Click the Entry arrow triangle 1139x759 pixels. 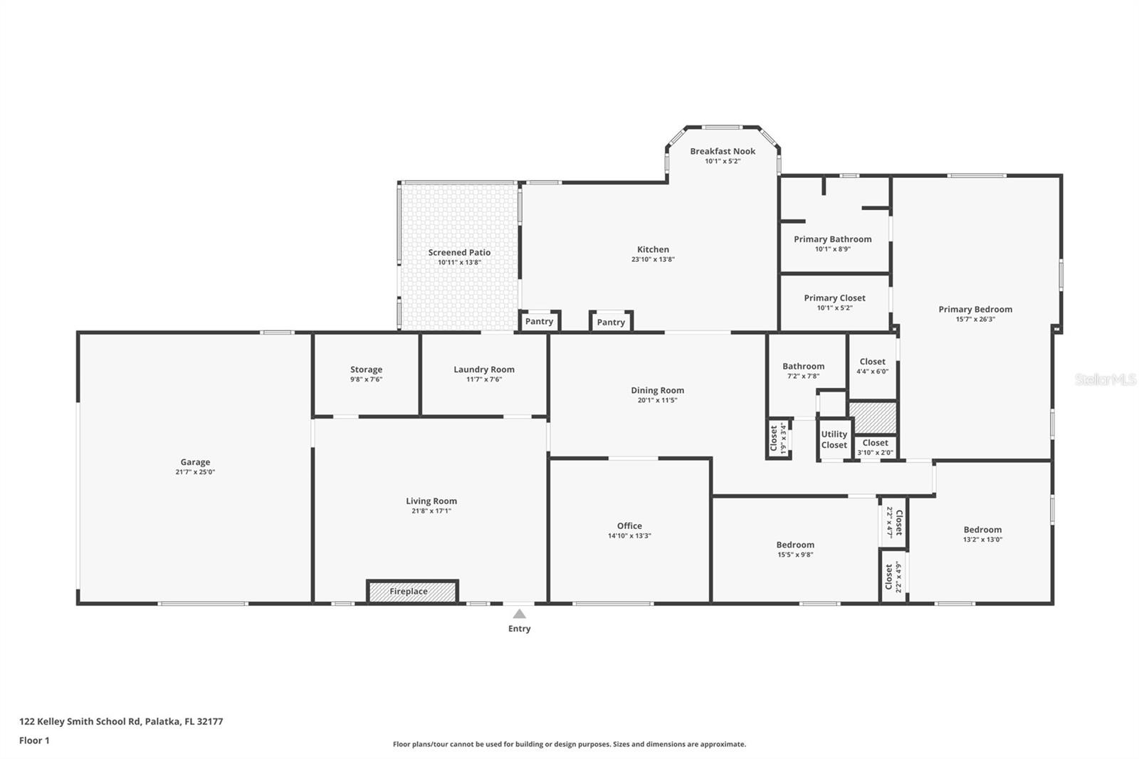point(519,614)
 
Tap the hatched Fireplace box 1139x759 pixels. point(412,592)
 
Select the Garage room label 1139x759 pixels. point(195,462)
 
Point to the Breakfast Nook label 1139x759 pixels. point(723,151)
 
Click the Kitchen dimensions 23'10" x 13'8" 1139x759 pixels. point(653,259)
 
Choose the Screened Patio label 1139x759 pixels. point(459,252)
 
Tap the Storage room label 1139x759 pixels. point(366,370)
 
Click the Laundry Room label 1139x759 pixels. point(484,370)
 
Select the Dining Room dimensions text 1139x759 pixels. point(658,400)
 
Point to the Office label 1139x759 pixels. point(629,526)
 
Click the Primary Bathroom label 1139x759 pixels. point(833,239)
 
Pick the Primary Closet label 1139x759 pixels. point(834,298)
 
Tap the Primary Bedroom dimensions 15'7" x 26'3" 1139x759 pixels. point(975,320)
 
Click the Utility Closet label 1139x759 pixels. point(834,439)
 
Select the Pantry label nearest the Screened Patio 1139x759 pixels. point(539,322)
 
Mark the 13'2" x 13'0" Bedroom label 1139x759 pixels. point(982,530)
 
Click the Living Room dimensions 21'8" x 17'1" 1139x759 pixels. point(431,511)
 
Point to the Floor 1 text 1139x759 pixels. point(35,740)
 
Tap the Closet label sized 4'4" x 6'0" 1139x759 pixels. point(873,362)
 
